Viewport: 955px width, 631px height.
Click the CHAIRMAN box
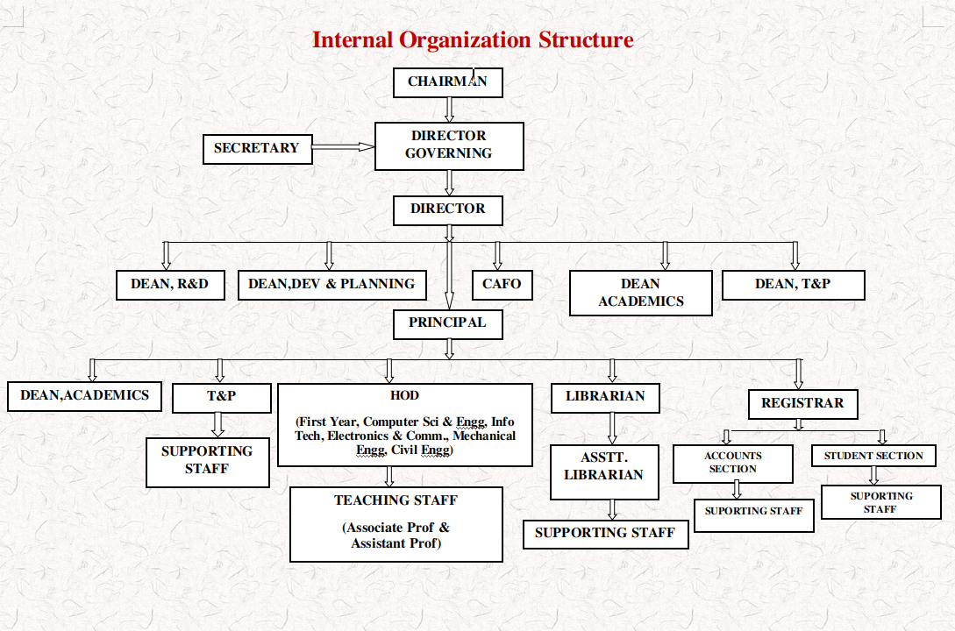point(447,82)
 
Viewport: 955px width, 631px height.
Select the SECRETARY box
point(258,149)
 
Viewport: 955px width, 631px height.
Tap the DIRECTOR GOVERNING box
point(449,146)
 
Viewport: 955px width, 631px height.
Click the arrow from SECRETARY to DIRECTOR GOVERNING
point(344,146)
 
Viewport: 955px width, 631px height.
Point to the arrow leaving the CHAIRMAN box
point(449,110)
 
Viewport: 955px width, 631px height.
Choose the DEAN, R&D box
point(170,285)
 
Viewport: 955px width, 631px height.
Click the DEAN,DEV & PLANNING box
point(332,285)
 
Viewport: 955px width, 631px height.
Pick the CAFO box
point(502,285)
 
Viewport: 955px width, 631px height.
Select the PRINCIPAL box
point(447,324)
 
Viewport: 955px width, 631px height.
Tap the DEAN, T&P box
point(793,285)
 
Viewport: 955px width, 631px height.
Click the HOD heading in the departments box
point(404,395)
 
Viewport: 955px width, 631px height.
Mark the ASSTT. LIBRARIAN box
point(604,472)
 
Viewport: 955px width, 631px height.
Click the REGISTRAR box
point(802,404)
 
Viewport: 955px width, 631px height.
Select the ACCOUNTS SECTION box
point(733,464)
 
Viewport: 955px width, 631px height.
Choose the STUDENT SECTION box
point(873,456)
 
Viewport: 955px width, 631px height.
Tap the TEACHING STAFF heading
point(396,500)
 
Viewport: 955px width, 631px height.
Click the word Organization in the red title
point(465,40)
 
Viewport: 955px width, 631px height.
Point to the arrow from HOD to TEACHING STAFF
point(388,477)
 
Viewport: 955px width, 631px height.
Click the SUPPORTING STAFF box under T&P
point(208,463)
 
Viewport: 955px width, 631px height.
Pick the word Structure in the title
point(586,39)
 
